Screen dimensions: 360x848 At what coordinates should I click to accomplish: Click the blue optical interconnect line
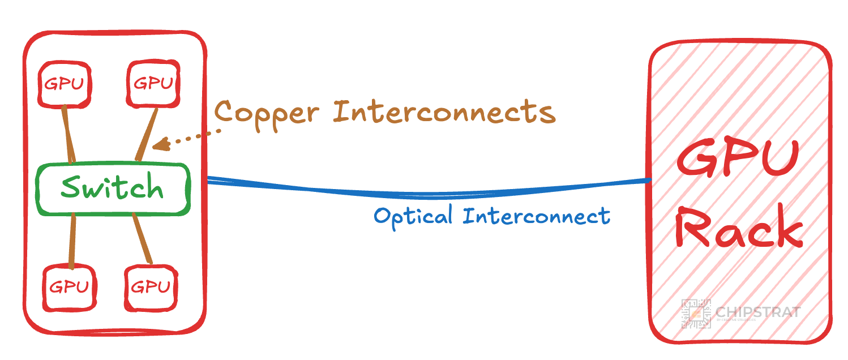425,193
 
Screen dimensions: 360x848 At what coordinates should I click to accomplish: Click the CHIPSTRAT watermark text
758,312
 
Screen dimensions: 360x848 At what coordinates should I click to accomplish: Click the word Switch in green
112,188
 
